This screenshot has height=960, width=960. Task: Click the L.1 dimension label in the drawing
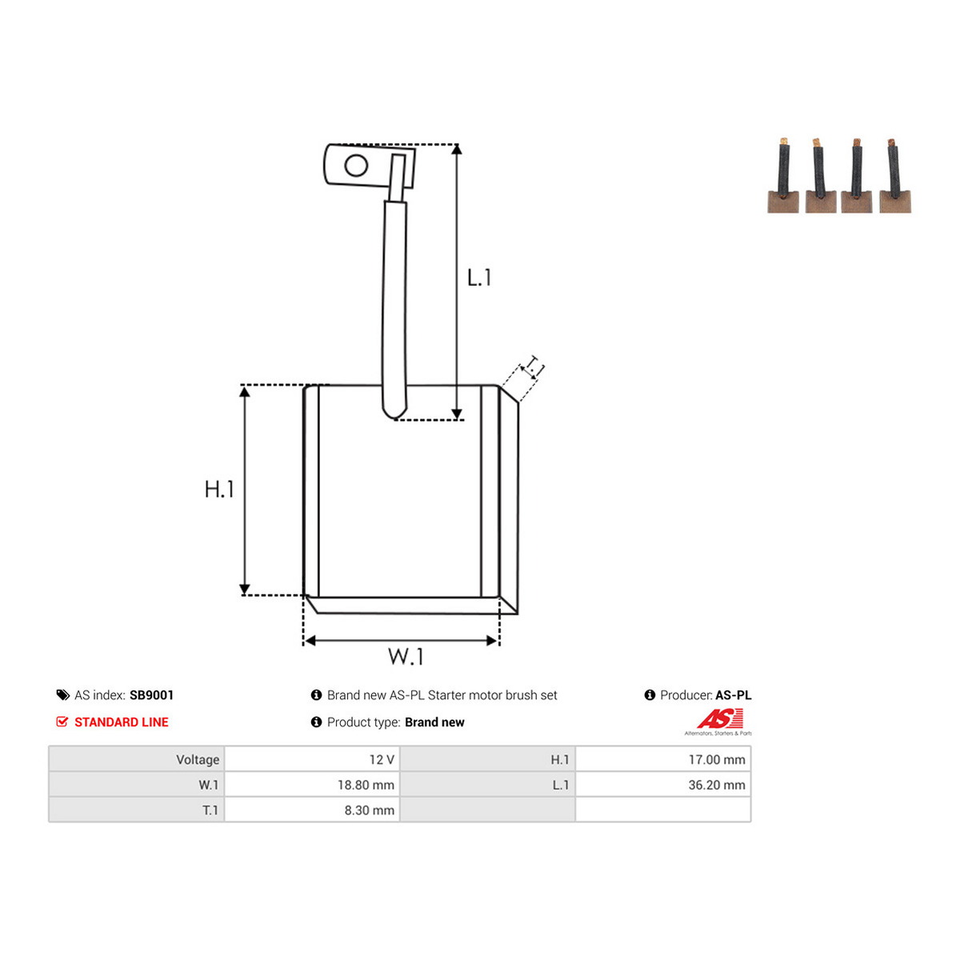(x=478, y=278)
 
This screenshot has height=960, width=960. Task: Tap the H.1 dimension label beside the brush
(x=219, y=489)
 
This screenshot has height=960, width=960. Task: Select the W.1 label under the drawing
(x=406, y=657)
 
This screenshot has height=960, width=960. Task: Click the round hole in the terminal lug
(x=356, y=166)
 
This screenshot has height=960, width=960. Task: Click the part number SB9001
(x=151, y=695)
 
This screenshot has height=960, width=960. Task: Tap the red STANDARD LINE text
(x=122, y=722)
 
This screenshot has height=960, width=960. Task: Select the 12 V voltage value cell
(x=312, y=759)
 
